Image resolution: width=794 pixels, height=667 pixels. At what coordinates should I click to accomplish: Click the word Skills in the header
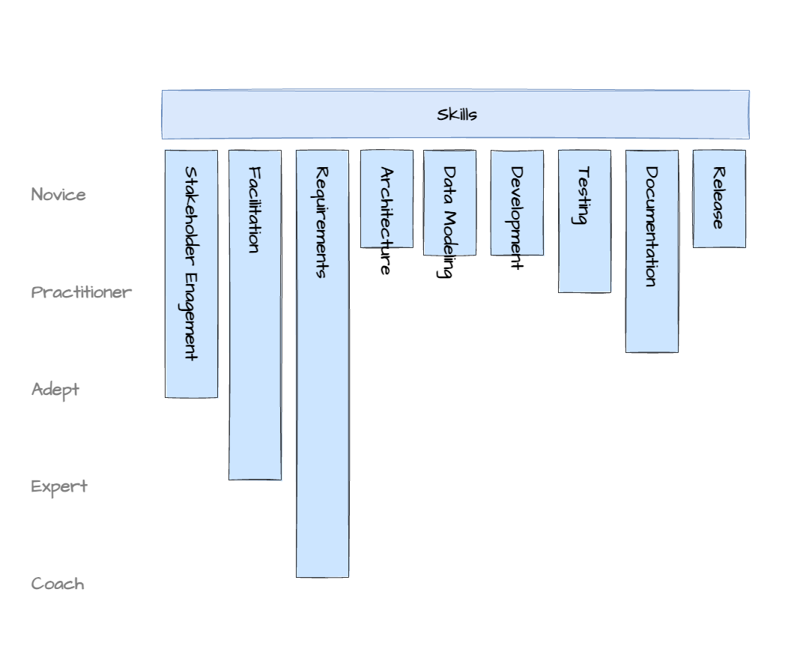(457, 115)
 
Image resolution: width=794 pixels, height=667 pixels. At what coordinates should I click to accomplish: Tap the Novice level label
(58, 195)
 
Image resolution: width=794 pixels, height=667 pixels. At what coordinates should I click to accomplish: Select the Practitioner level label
(82, 292)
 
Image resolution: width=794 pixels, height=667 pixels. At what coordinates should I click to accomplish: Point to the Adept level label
(55, 390)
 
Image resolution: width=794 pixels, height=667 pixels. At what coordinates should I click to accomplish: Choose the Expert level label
(59, 486)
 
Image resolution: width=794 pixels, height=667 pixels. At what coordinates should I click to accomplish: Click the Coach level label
(58, 584)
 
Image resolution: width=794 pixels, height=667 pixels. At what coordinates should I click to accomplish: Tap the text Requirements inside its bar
(322, 222)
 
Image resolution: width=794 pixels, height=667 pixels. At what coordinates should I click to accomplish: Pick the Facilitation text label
(255, 210)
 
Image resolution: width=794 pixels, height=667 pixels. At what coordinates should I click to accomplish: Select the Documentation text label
(652, 226)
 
